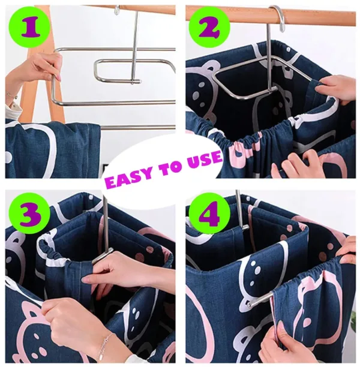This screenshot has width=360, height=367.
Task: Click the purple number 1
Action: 28,26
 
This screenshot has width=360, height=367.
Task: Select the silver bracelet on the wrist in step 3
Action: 104,346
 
